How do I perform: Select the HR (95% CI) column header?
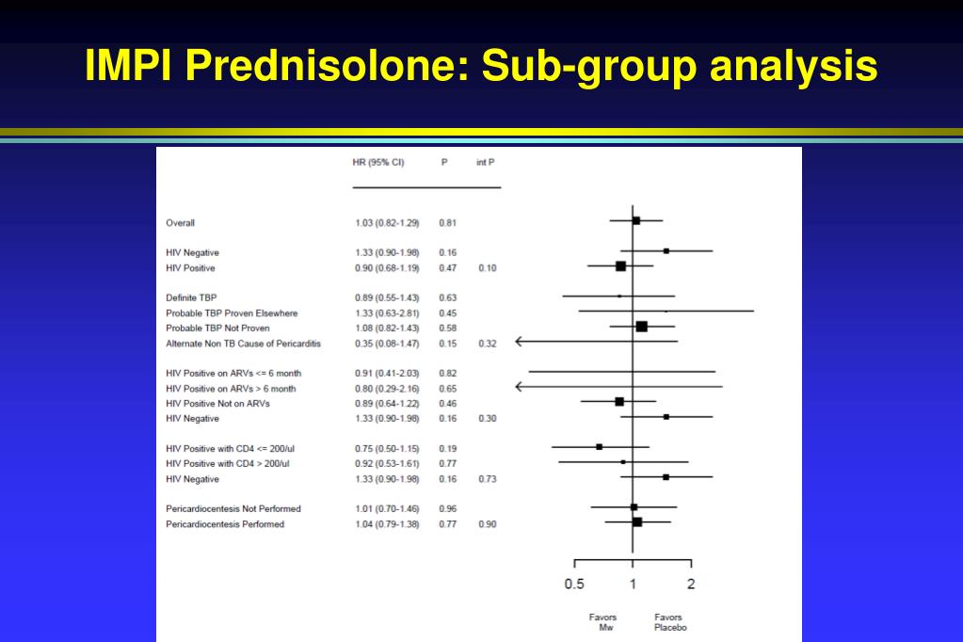tap(378, 162)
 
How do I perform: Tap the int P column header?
tap(485, 162)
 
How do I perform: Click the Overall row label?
tap(180, 223)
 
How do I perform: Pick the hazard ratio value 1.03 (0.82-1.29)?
tap(387, 223)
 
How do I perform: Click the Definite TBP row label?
tap(191, 298)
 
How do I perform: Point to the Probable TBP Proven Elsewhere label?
tap(232, 313)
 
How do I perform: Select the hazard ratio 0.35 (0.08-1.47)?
tap(387, 344)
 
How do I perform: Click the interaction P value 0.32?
tap(488, 344)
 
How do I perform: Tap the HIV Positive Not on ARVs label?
tap(217, 404)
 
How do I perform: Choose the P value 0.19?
tap(448, 448)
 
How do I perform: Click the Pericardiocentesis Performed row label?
tap(225, 524)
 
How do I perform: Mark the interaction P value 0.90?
tap(488, 524)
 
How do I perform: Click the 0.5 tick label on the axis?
tap(574, 584)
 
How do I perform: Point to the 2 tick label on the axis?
tap(691, 584)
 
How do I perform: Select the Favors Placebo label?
tap(669, 622)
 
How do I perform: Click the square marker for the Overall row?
tap(636, 220)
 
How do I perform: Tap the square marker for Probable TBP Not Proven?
tap(642, 327)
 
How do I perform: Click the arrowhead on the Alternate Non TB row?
tap(519, 341)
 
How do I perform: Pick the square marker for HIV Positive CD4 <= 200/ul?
tap(600, 446)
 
